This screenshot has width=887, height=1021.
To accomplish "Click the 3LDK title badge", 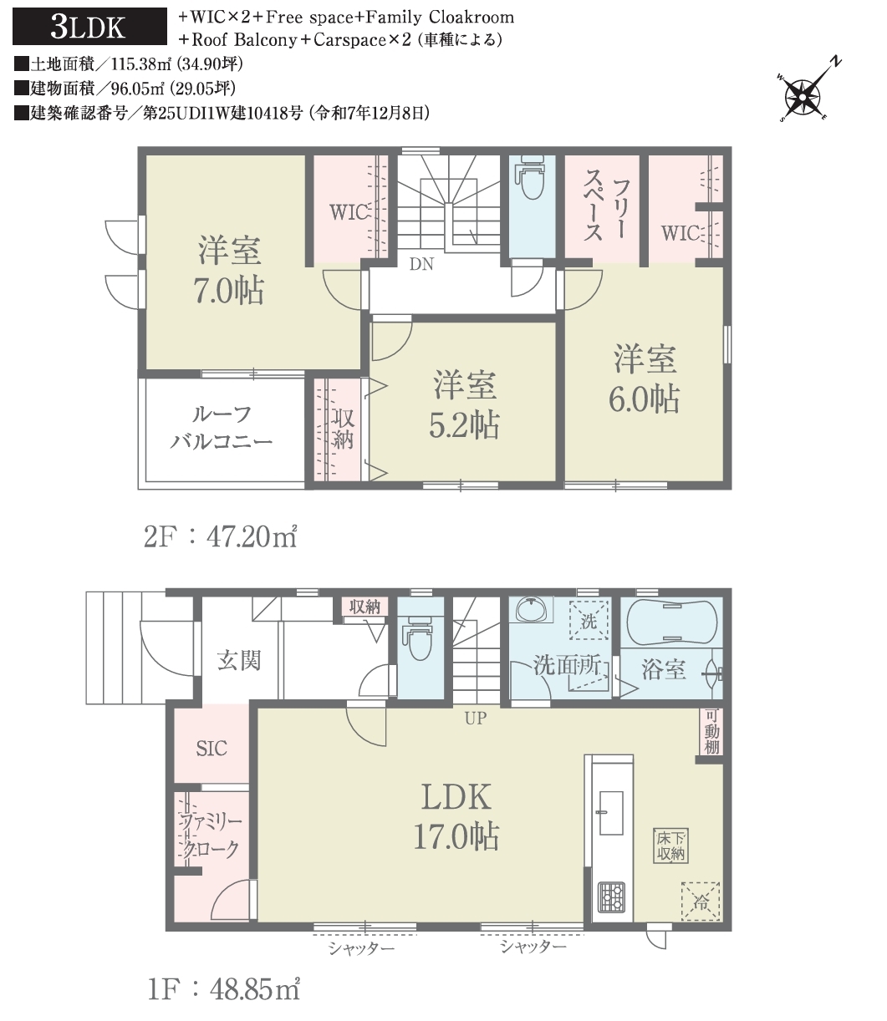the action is tap(89, 27).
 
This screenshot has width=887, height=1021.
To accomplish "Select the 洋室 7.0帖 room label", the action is tap(229, 270).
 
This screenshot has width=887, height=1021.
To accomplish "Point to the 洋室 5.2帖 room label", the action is tap(464, 404).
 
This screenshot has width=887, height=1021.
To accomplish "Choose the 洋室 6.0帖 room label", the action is tap(644, 378).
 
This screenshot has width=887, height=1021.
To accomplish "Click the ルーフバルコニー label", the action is tap(222, 429).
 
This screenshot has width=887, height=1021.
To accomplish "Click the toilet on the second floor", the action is tap(532, 178).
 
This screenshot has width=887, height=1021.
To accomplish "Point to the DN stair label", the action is tap(421, 264).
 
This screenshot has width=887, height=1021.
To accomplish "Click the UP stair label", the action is tap(475, 718).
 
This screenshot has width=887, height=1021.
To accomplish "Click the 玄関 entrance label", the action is tap(239, 661).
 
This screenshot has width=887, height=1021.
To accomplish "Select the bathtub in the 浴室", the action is tap(671, 623).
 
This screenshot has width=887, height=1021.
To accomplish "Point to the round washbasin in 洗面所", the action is tap(532, 609).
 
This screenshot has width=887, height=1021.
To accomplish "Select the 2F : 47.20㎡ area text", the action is tap(221, 537).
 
